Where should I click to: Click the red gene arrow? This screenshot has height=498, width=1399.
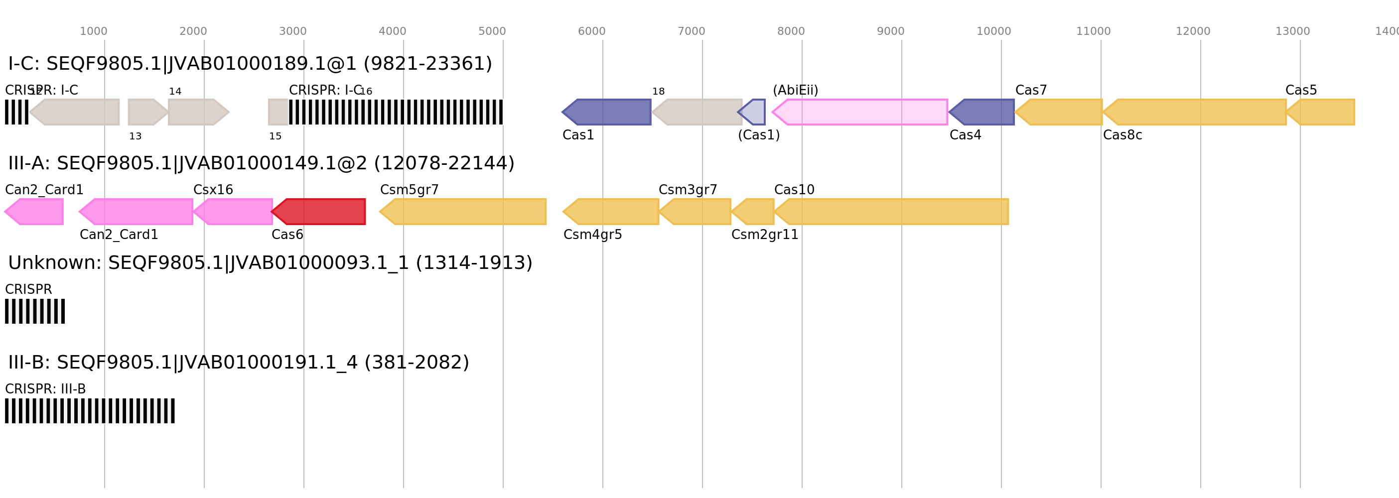(x=319, y=212)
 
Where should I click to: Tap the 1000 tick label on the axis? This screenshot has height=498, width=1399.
(x=93, y=31)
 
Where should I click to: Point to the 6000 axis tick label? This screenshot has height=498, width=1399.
(x=591, y=31)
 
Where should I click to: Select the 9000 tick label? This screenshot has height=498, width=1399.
(x=891, y=31)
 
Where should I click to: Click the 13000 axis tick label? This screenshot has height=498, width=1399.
(x=1292, y=31)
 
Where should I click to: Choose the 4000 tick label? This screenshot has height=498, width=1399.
(x=392, y=31)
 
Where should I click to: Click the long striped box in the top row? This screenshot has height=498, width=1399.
(x=396, y=112)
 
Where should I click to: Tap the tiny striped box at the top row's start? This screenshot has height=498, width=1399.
(x=16, y=112)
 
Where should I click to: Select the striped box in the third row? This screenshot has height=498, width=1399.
(x=35, y=311)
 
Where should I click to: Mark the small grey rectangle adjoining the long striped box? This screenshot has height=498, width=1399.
(x=278, y=112)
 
